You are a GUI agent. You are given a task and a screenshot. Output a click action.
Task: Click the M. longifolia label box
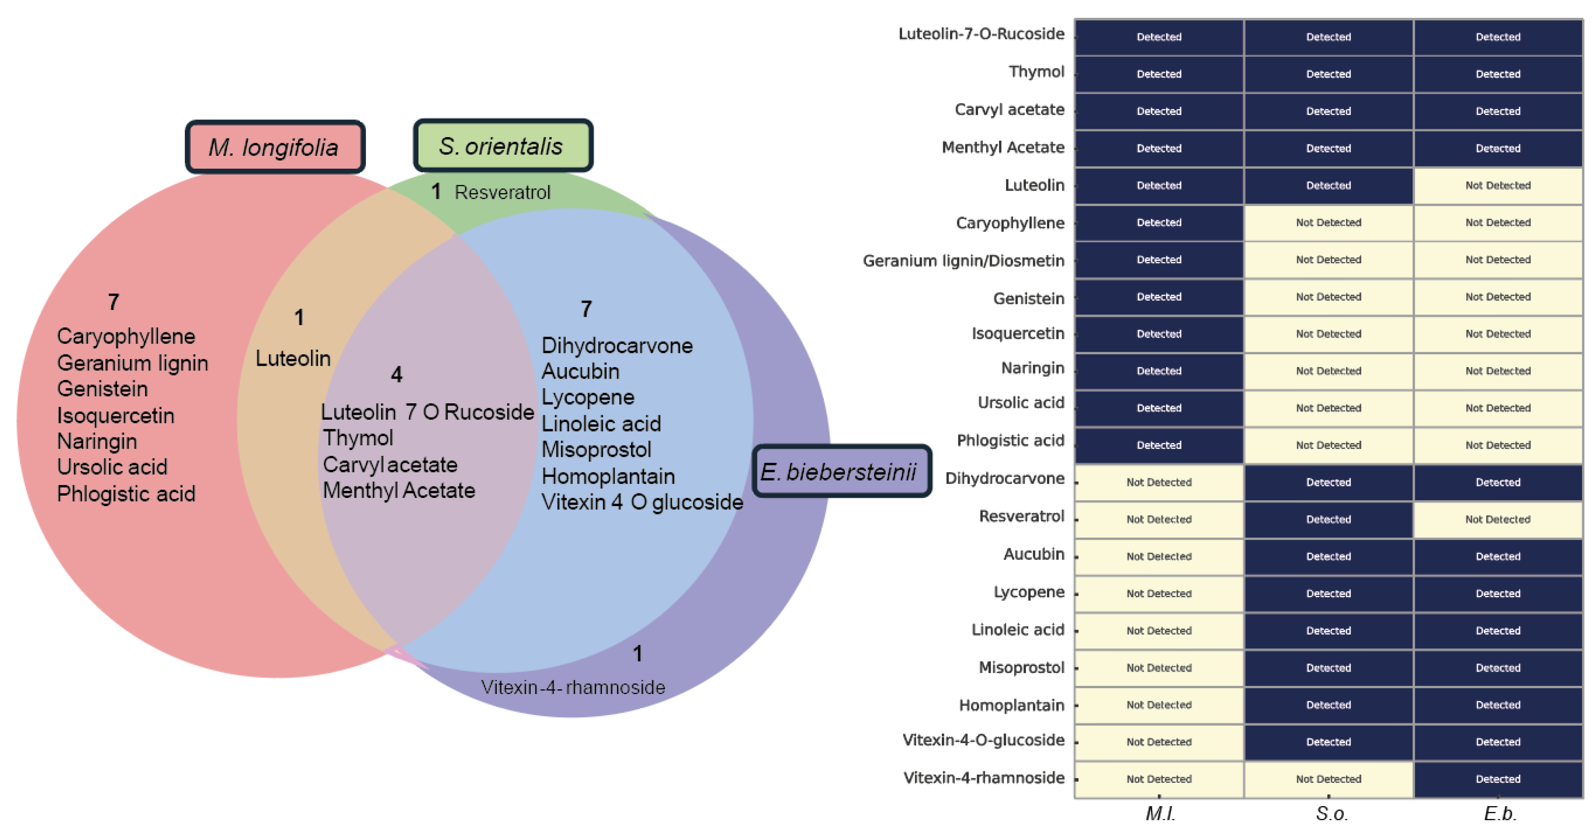tap(274, 147)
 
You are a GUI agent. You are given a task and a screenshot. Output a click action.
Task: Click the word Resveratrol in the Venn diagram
tap(502, 192)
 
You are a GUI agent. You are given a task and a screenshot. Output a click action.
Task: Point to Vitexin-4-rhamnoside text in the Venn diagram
tap(573, 687)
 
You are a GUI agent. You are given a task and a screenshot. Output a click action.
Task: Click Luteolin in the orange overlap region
tap(293, 358)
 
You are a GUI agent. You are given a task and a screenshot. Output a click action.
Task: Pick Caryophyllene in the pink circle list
tap(126, 336)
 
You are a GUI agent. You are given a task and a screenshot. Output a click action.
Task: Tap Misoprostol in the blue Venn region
tap(596, 449)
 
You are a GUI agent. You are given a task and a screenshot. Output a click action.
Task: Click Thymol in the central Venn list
tap(358, 438)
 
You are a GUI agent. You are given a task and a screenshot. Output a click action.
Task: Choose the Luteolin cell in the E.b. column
tap(1497, 186)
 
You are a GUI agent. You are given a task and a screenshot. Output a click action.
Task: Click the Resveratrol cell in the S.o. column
tap(1328, 519)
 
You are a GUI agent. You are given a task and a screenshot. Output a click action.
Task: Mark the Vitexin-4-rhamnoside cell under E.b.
tap(1497, 779)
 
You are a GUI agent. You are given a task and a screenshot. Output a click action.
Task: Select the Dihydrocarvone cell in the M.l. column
tap(1159, 482)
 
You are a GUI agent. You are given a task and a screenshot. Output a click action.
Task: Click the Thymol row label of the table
tap(1036, 72)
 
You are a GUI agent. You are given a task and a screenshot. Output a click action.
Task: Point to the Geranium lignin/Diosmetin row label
tap(963, 261)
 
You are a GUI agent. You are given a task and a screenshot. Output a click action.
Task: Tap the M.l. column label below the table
tap(1160, 813)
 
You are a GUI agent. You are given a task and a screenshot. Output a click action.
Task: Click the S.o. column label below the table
tap(1331, 813)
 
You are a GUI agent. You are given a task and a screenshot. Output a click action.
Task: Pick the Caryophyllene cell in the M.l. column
tap(1159, 223)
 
